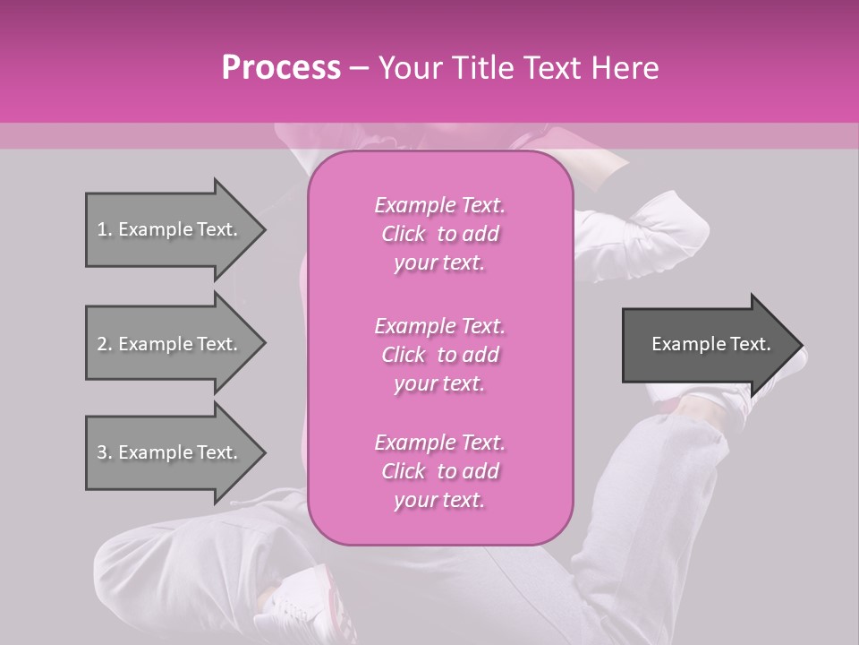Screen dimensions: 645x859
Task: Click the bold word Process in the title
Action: coord(281,68)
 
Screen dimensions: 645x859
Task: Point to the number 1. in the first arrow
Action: coord(104,229)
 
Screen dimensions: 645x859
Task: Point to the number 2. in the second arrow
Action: coord(104,344)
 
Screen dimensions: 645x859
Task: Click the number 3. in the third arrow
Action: coord(104,452)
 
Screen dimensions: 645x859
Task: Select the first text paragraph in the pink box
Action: coord(439,234)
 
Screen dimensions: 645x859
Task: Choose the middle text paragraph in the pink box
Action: coord(439,355)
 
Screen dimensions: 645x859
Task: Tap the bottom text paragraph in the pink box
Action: coord(439,471)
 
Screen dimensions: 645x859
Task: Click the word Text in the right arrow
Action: coord(751,344)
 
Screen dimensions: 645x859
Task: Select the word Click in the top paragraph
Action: coord(404,234)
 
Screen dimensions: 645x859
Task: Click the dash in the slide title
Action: coord(360,68)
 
